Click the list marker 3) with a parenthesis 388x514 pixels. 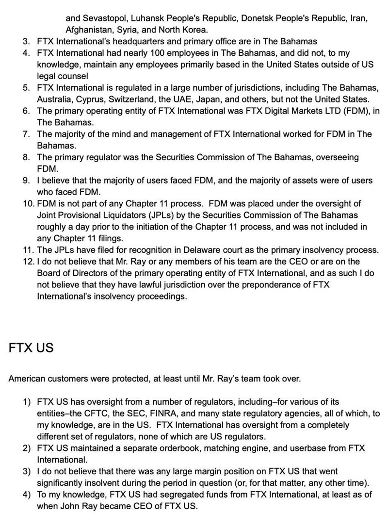pyautogui.click(x=27, y=471)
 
